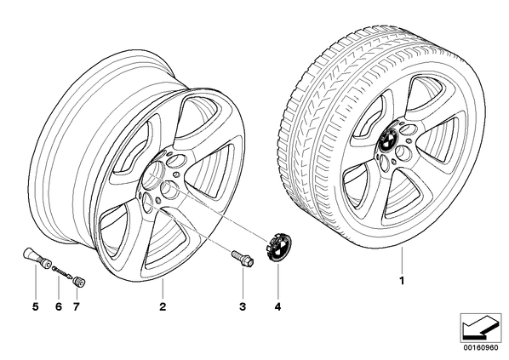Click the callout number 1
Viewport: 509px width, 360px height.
pyautogui.click(x=402, y=281)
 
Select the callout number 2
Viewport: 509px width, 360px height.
pyautogui.click(x=163, y=306)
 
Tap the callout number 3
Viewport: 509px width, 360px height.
pyautogui.click(x=243, y=306)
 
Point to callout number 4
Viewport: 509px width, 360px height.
pyautogui.click(x=277, y=306)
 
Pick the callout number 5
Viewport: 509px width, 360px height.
pyautogui.click(x=36, y=306)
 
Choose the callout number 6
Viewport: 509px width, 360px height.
pyautogui.click(x=59, y=306)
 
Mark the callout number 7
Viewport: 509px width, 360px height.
pyautogui.click(x=76, y=306)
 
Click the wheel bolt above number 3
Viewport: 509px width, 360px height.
pyautogui.click(x=243, y=258)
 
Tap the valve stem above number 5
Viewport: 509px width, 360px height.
pyautogui.click(x=37, y=258)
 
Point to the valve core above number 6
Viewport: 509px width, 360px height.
pyautogui.click(x=63, y=270)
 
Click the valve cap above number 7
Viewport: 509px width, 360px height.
pyautogui.click(x=79, y=282)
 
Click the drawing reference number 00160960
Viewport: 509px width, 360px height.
pyautogui.click(x=480, y=348)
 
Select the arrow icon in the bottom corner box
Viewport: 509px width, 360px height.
pyautogui.click(x=478, y=329)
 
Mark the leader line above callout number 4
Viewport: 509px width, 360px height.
pyautogui.click(x=278, y=281)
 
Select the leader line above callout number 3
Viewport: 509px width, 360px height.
pyautogui.click(x=243, y=283)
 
